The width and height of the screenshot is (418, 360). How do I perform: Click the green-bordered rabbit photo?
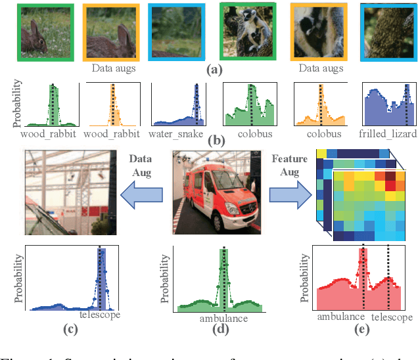pos(41,32)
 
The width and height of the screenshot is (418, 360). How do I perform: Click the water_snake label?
pos(178,134)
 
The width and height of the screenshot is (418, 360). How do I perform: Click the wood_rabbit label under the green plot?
pos(47,134)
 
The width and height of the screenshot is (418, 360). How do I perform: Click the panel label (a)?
pos(214,69)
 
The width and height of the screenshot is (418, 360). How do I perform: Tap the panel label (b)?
pos(214,140)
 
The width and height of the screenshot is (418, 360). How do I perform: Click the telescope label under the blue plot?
pos(100,315)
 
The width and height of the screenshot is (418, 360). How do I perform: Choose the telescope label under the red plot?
pos(390,316)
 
